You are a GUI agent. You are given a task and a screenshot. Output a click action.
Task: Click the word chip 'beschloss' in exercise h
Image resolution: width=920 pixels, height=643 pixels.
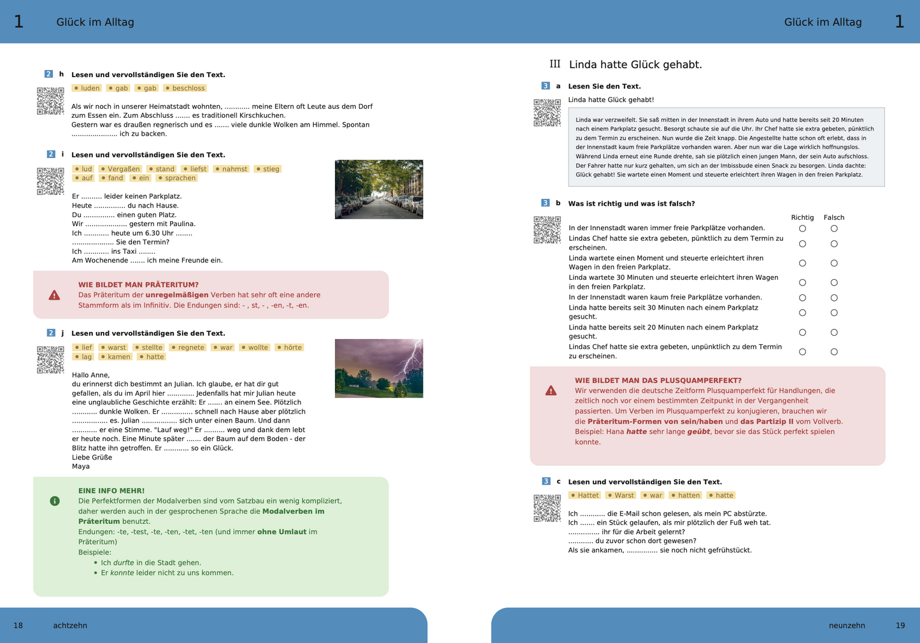[185, 88]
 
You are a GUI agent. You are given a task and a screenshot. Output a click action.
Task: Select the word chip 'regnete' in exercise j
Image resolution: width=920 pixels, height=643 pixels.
[188, 347]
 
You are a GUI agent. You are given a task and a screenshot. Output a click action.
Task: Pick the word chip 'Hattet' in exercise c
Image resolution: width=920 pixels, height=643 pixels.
[584, 495]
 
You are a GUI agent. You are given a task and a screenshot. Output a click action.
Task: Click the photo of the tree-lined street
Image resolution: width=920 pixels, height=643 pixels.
[379, 189]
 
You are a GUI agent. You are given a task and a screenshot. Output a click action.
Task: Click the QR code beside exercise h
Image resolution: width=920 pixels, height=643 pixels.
[50, 101]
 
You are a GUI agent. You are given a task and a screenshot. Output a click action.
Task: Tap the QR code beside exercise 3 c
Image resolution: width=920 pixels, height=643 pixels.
[547, 508]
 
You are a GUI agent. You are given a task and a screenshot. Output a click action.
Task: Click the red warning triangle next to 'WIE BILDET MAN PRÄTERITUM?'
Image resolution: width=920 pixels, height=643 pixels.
[54, 295]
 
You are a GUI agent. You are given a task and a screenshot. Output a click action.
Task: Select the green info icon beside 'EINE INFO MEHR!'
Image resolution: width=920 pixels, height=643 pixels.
[55, 501]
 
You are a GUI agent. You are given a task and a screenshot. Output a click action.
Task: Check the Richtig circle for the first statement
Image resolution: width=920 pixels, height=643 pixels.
[802, 228]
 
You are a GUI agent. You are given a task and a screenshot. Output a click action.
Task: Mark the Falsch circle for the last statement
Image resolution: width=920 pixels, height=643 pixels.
[834, 352]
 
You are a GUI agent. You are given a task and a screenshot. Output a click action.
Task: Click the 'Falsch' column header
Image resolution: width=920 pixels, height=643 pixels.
[833, 217]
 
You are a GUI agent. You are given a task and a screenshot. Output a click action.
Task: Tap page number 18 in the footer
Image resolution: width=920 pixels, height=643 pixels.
[18, 625]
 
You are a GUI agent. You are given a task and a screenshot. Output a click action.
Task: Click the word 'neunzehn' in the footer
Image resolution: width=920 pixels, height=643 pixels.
[847, 625]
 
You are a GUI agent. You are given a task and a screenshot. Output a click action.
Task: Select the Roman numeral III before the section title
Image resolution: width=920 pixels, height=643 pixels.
[555, 64]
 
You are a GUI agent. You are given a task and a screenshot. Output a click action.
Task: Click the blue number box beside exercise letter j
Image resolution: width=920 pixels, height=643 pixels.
[51, 333]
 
